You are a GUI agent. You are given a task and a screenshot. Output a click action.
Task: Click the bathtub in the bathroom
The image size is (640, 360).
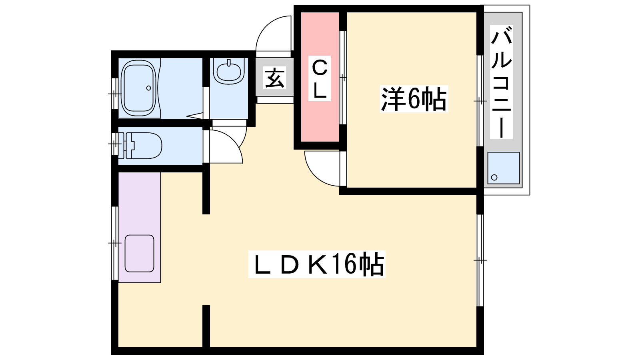tap(139, 88)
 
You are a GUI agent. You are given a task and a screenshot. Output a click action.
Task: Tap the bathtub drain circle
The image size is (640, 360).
tap(148, 88)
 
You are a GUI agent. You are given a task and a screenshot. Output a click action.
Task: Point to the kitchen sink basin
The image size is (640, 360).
tap(140, 254)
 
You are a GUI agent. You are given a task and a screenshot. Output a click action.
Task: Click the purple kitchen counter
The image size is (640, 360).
tap(140, 228)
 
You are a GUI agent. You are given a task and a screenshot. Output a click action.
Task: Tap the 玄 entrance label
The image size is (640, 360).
tap(274, 78)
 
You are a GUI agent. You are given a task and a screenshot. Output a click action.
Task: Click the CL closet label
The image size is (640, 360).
tap(320, 78)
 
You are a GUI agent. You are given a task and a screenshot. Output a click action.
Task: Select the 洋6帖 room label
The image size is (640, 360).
tap(414, 99)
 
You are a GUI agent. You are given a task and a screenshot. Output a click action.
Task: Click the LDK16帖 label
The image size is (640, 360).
tap(317, 264)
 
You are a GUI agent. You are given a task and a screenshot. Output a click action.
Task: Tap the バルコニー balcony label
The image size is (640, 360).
tap(502, 82)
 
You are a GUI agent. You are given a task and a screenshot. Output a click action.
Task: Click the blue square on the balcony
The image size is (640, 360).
tap(504, 168)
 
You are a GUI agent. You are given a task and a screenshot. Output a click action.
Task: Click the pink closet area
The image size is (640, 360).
tap(320, 77)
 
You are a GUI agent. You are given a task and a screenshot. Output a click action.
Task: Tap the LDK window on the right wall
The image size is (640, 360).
tap(480, 260)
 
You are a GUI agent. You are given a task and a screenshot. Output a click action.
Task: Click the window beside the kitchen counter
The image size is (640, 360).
tap(114, 243)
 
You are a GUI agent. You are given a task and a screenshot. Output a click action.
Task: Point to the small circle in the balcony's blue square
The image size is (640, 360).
tap(494, 178)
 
